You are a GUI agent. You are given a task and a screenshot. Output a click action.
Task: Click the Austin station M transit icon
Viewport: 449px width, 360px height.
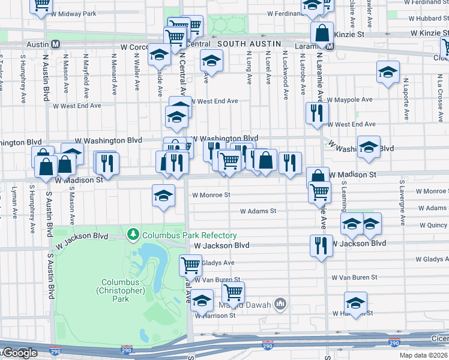[x=55, y=44]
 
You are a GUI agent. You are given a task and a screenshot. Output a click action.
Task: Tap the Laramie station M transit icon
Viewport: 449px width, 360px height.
[x=316, y=44]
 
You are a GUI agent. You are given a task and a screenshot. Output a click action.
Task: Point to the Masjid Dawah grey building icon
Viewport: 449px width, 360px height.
[x=280, y=304]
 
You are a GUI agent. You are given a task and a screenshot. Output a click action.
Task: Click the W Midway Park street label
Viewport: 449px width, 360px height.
[x=74, y=13]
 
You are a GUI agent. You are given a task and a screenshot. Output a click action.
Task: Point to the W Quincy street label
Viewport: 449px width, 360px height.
[x=431, y=226]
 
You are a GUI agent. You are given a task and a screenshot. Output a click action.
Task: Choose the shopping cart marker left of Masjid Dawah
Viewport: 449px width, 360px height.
[x=233, y=292]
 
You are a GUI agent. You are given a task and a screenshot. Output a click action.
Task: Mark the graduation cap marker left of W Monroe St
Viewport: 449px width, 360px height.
[x=163, y=196]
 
